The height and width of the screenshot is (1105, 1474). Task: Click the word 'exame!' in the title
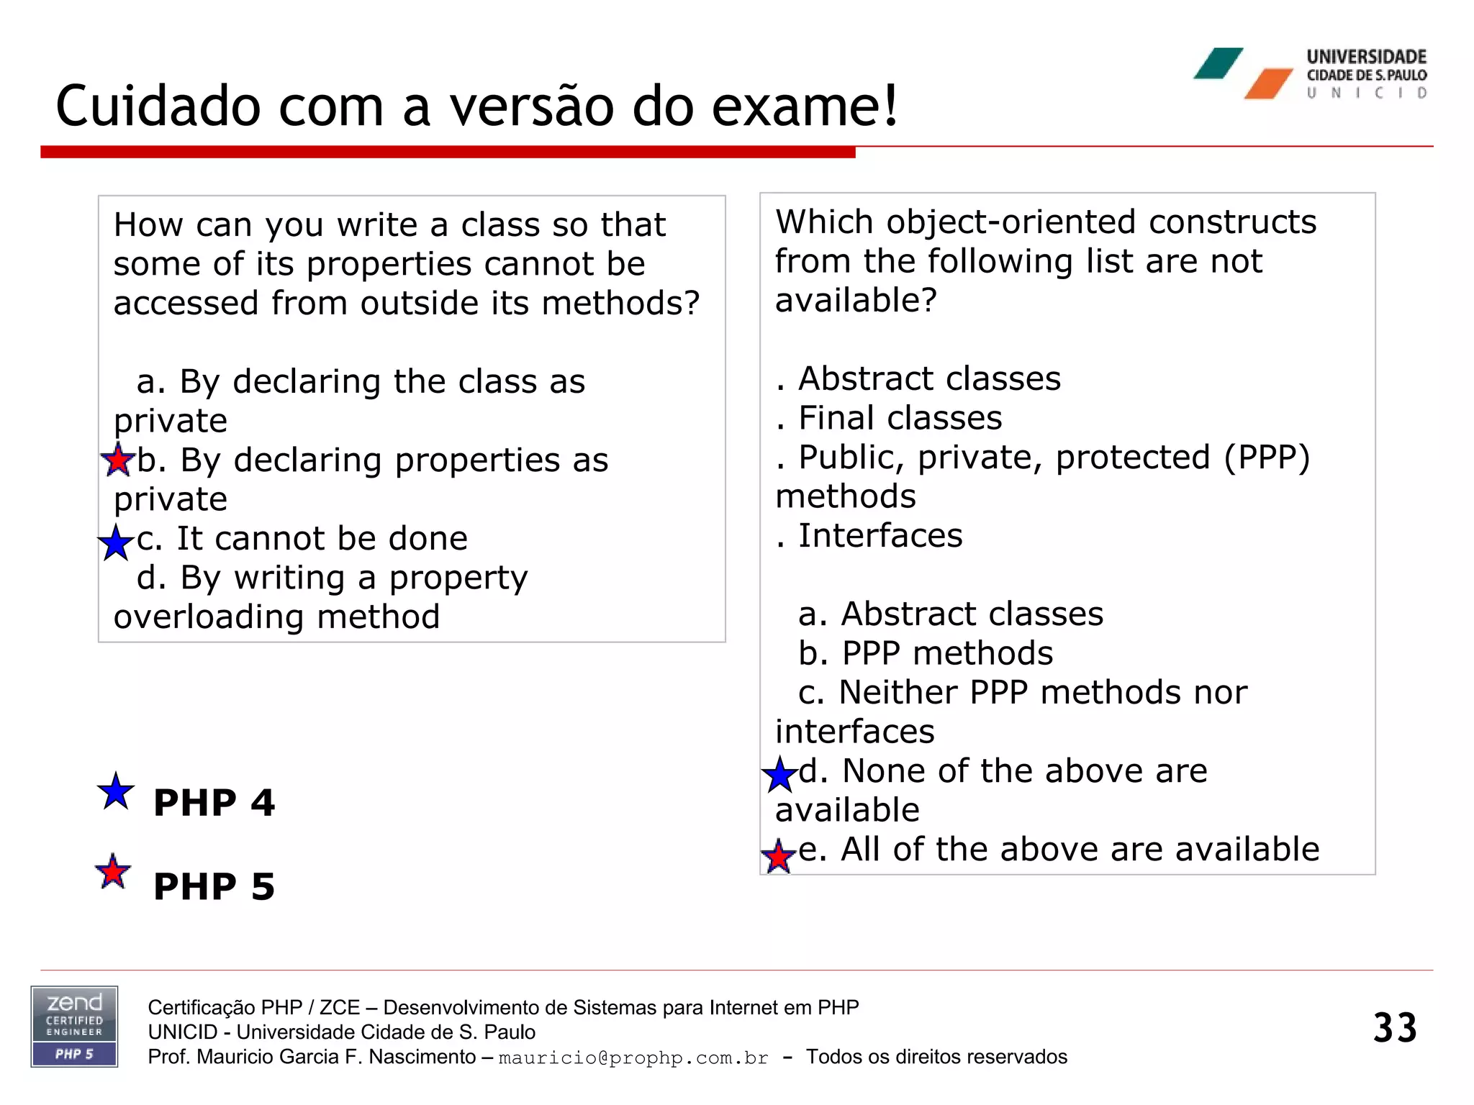coord(805,106)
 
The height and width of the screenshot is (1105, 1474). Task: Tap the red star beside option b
coord(117,460)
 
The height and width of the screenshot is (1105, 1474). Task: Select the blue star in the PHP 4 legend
coord(116,792)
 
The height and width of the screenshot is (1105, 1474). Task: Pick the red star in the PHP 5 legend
coord(113,873)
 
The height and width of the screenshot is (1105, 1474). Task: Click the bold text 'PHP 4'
coord(214,803)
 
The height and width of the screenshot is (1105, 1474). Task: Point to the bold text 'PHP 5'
coord(214,886)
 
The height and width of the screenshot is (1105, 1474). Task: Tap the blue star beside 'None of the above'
coord(779,775)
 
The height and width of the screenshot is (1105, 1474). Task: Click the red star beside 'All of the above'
coord(778,857)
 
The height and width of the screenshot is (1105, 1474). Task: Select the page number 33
coord(1394,1027)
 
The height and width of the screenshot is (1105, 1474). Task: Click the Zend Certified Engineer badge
coord(74,1027)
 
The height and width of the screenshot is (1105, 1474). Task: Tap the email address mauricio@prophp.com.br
coord(633,1058)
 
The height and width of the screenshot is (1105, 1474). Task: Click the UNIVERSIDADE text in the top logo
coord(1366,57)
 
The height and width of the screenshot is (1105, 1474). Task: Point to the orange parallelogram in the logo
coord(1269,84)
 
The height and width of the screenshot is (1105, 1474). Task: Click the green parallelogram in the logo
coord(1218,63)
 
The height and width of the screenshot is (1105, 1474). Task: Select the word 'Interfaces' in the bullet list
coord(880,536)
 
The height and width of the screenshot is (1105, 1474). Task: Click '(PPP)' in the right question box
coord(1267,458)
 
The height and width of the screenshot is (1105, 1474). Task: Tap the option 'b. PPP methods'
coord(926,653)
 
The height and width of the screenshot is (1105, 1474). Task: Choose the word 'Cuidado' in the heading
coord(158,106)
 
